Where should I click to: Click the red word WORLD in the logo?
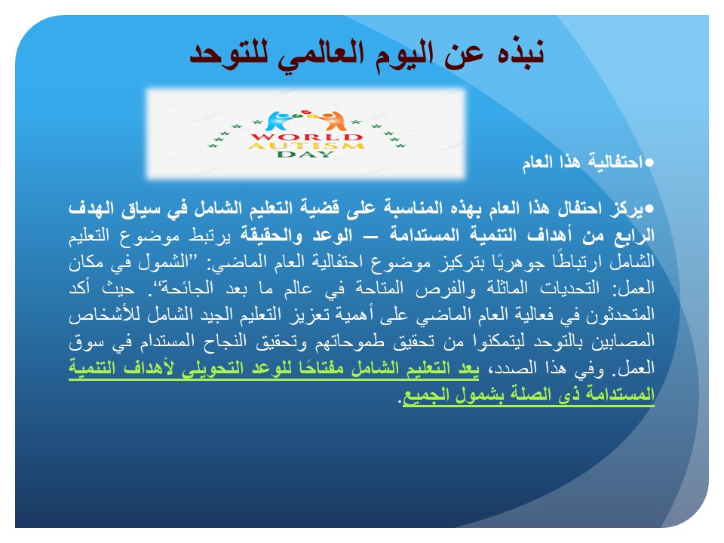pyautogui.click(x=306, y=137)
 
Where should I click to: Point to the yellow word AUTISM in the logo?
pyautogui.click(x=306, y=146)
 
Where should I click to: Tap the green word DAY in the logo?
pyautogui.click(x=305, y=154)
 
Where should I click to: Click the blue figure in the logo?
pyautogui.click(x=280, y=121)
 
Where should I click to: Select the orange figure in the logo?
pyautogui.click(x=333, y=121)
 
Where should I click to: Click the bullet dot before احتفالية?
pyautogui.click(x=649, y=163)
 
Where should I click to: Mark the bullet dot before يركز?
pyautogui.click(x=649, y=209)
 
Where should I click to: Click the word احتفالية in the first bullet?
pyautogui.click(x=615, y=162)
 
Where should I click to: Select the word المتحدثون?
pyautogui.click(x=620, y=315)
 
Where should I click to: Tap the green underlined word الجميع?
pyautogui.click(x=425, y=396)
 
